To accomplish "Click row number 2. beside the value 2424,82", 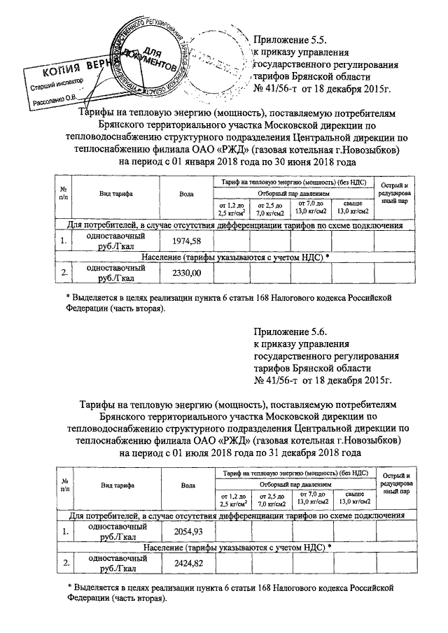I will (x=64, y=563).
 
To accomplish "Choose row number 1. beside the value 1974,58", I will (x=64, y=241).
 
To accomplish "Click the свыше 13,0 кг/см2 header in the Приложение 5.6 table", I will (x=352, y=498).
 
